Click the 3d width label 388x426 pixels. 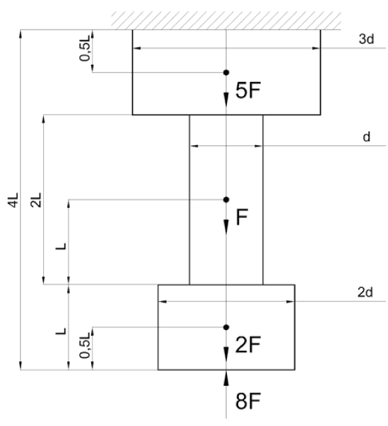pos(366,39)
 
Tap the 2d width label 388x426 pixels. pos(365,292)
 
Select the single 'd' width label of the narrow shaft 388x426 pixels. pos(366,137)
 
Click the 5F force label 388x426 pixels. pos(248,90)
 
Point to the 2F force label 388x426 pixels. pos(248,345)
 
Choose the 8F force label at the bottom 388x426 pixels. pos(248,401)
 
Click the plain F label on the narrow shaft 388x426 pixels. pos(242,217)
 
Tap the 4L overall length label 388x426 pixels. pos(13,200)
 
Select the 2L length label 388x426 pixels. pos(37,200)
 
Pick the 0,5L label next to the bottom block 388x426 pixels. pos(85,345)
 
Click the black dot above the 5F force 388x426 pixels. pos(226,73)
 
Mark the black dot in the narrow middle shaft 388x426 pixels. pos(226,200)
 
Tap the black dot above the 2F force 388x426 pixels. pos(226,327)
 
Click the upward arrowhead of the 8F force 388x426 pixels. pos(226,378)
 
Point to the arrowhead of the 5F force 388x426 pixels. pos(226,100)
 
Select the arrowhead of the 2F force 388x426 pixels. pos(226,354)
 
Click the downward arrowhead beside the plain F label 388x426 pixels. pos(226,227)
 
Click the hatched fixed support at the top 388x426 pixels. pos(226,21)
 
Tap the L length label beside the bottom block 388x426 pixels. pos(61,331)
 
